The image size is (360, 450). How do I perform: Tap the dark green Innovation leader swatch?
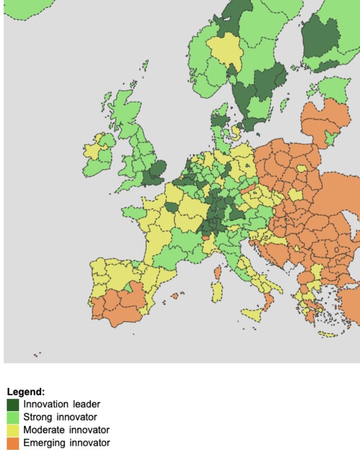point(13,404)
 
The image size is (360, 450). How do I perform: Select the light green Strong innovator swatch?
point(13,417)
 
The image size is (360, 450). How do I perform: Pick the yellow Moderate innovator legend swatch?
point(13,429)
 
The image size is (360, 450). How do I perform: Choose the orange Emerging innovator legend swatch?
point(13,442)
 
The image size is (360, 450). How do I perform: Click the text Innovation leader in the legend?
point(61,404)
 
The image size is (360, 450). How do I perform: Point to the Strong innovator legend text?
point(60,417)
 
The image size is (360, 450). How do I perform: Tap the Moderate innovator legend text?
point(66,429)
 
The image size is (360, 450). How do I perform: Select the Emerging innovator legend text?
point(66,442)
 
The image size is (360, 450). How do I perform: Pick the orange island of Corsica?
point(216,273)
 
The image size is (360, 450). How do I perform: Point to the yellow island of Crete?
point(328,334)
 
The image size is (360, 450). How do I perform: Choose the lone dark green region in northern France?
point(171,207)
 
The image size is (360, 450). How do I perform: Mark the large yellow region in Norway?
point(224,51)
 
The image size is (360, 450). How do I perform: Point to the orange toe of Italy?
point(267,303)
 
